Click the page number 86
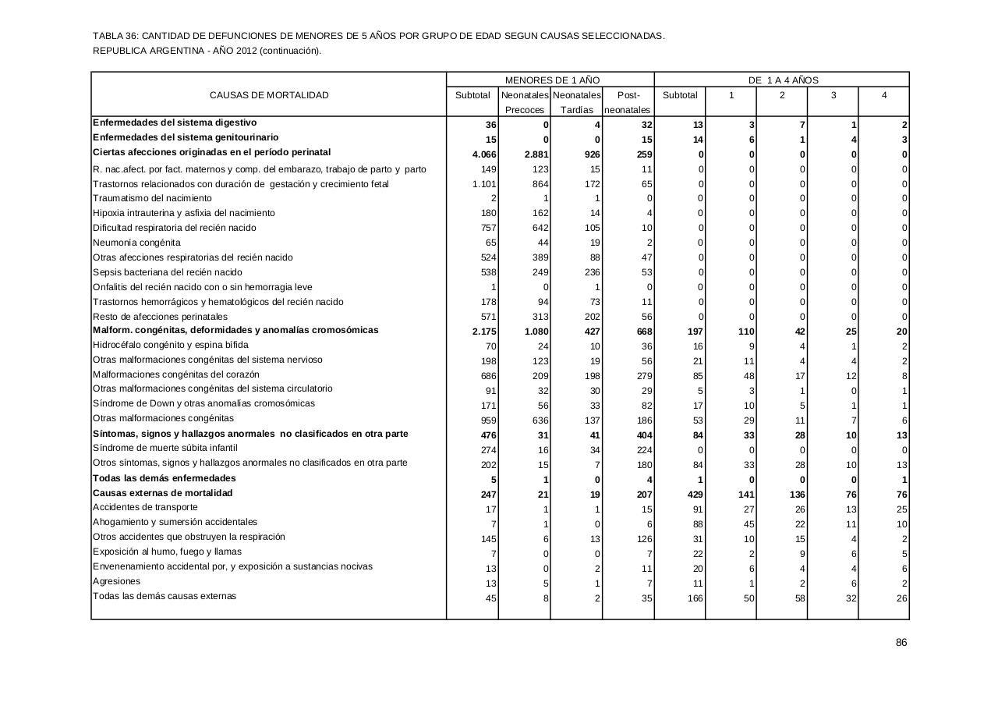(901, 643)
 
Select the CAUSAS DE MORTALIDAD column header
(269, 95)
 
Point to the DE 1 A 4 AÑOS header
(783, 80)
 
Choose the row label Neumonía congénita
(136, 243)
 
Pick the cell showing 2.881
(536, 154)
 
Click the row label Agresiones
(116, 581)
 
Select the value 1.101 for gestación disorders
(484, 184)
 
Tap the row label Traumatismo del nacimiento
(152, 198)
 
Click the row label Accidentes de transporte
(145, 507)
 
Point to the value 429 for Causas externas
(692, 495)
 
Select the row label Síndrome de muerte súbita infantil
(165, 448)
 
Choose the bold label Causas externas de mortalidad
(162, 493)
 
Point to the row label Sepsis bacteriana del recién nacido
(167, 272)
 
